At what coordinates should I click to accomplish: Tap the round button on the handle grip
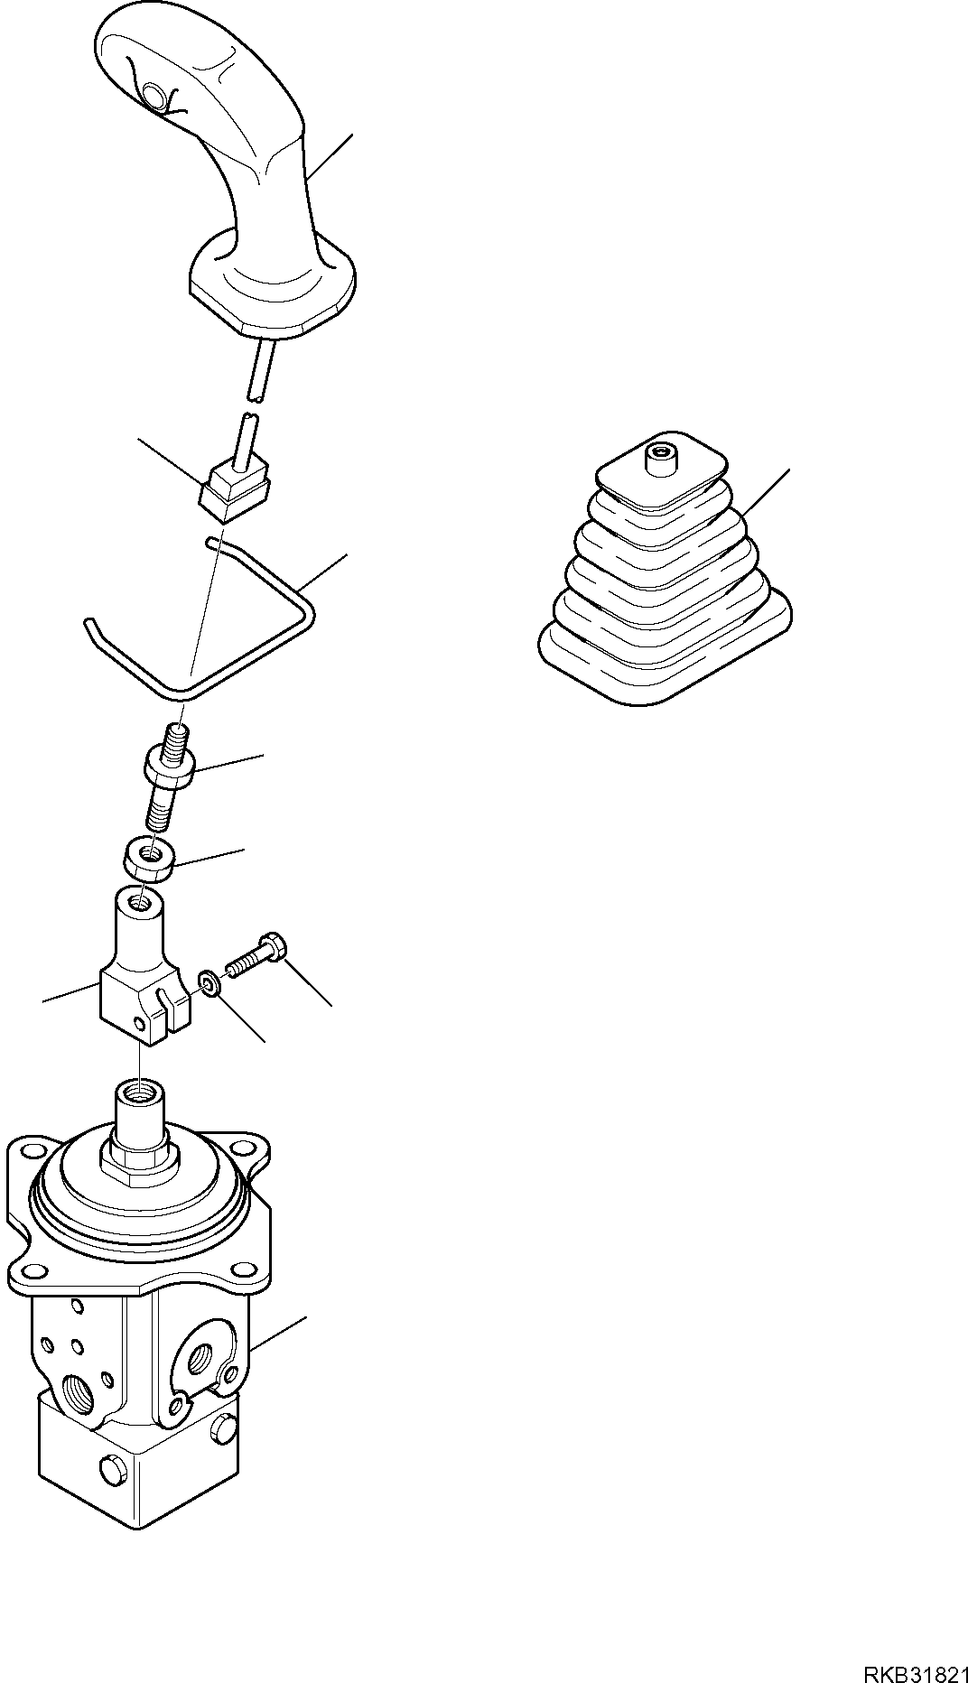154,96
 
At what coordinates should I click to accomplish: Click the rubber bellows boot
665,569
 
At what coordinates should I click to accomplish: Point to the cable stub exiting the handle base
256,370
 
